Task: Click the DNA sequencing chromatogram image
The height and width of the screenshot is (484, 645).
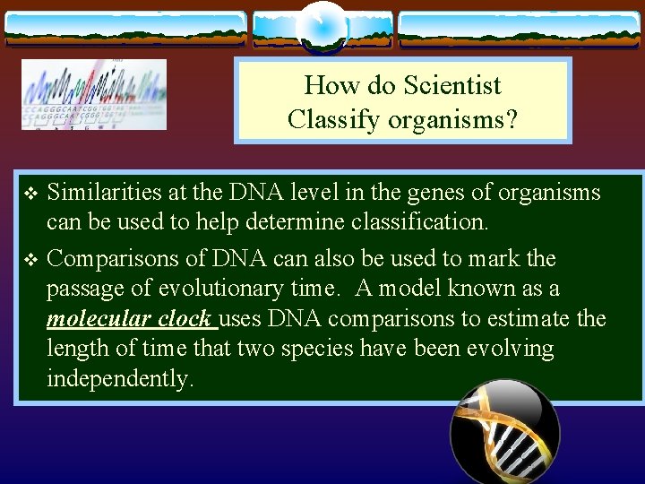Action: tap(94, 94)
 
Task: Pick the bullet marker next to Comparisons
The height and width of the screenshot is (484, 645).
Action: tap(30, 260)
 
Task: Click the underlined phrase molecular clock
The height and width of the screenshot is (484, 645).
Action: tap(130, 319)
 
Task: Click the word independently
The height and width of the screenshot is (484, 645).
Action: tap(119, 378)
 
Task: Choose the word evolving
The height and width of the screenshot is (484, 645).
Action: tap(510, 349)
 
